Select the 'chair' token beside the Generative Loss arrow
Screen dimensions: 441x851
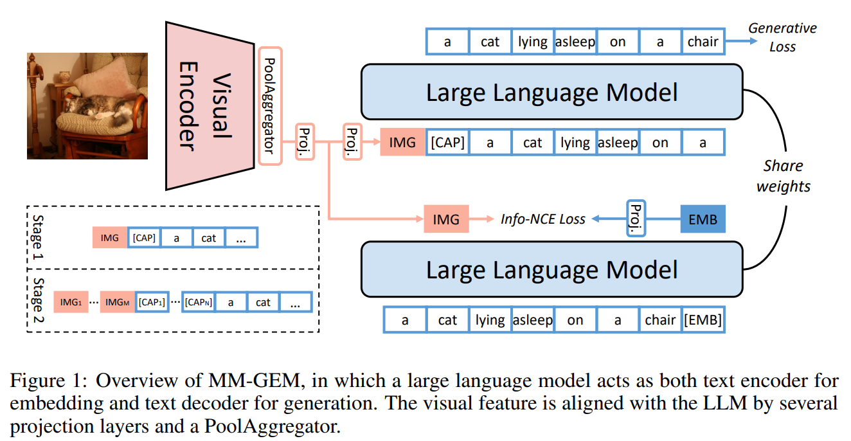point(702,42)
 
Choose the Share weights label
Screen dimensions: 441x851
point(783,176)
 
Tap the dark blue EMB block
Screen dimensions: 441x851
point(703,220)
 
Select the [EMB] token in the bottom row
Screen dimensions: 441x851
point(703,320)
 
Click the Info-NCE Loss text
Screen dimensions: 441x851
point(543,220)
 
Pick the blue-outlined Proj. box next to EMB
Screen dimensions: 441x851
point(635,220)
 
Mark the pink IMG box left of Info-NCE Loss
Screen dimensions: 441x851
point(446,220)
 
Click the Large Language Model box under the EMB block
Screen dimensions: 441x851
point(551,269)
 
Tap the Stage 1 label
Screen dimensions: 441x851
point(38,237)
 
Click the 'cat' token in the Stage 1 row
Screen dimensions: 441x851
point(209,238)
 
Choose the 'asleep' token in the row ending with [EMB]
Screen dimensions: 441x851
point(532,320)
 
